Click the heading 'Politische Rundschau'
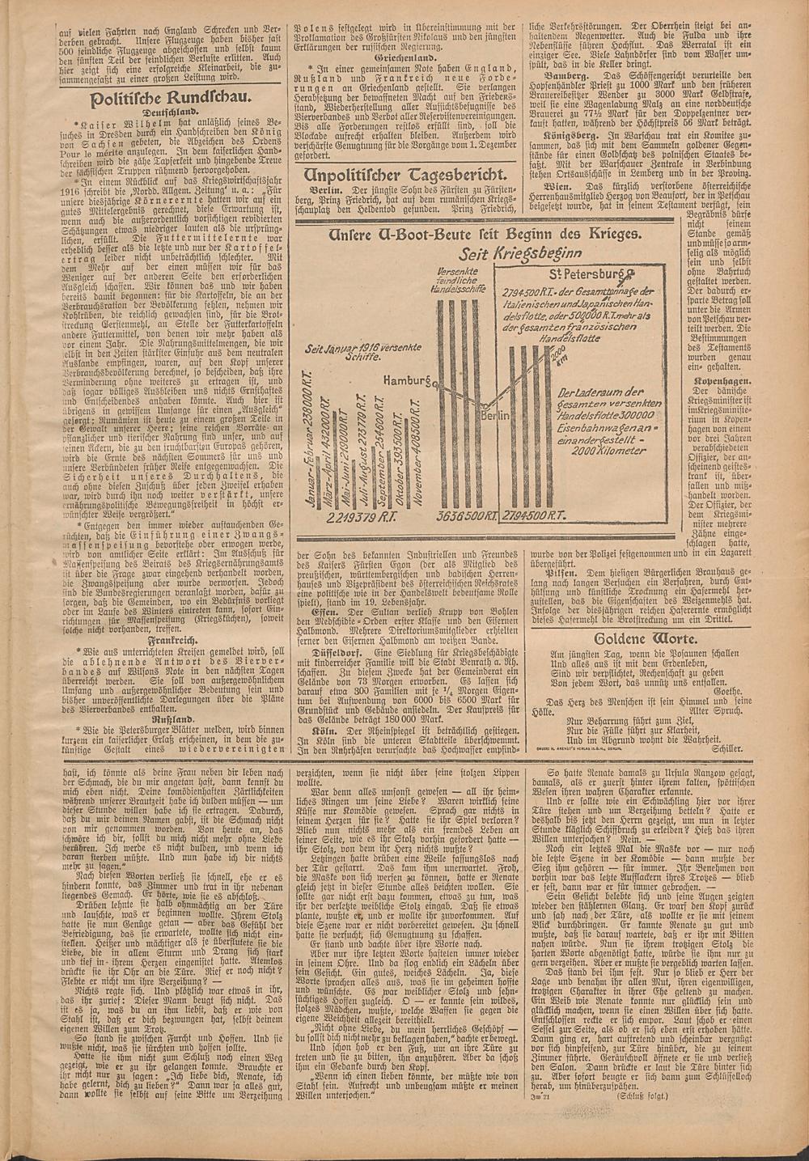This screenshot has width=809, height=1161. tap(165, 99)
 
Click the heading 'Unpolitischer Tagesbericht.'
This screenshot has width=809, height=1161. tap(404, 176)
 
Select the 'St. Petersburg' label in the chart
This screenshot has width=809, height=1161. tap(585, 274)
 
